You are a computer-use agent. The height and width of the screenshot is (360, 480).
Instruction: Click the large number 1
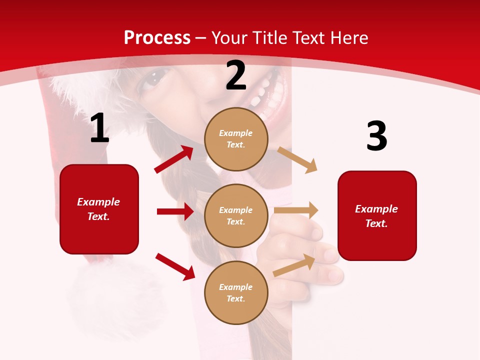click(99, 128)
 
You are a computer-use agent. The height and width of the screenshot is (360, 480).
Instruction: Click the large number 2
click(236, 76)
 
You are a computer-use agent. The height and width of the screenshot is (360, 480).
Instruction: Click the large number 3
click(376, 137)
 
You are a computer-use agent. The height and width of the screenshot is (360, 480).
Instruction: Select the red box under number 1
click(99, 209)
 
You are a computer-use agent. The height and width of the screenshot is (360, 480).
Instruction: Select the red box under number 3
click(377, 215)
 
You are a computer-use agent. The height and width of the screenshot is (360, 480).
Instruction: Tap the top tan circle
click(236, 138)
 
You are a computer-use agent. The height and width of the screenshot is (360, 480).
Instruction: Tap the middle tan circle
click(236, 215)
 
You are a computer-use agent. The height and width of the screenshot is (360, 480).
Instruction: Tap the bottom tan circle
click(236, 292)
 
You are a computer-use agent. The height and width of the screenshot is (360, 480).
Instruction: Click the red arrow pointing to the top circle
click(174, 159)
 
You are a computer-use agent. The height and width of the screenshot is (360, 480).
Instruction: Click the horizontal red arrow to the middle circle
click(175, 211)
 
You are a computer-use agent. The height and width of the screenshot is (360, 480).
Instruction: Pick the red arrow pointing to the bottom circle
click(175, 266)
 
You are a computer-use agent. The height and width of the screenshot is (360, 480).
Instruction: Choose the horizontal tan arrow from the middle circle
click(296, 210)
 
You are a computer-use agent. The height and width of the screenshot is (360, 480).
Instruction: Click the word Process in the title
click(157, 37)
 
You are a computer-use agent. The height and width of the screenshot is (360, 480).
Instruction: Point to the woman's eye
click(153, 79)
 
